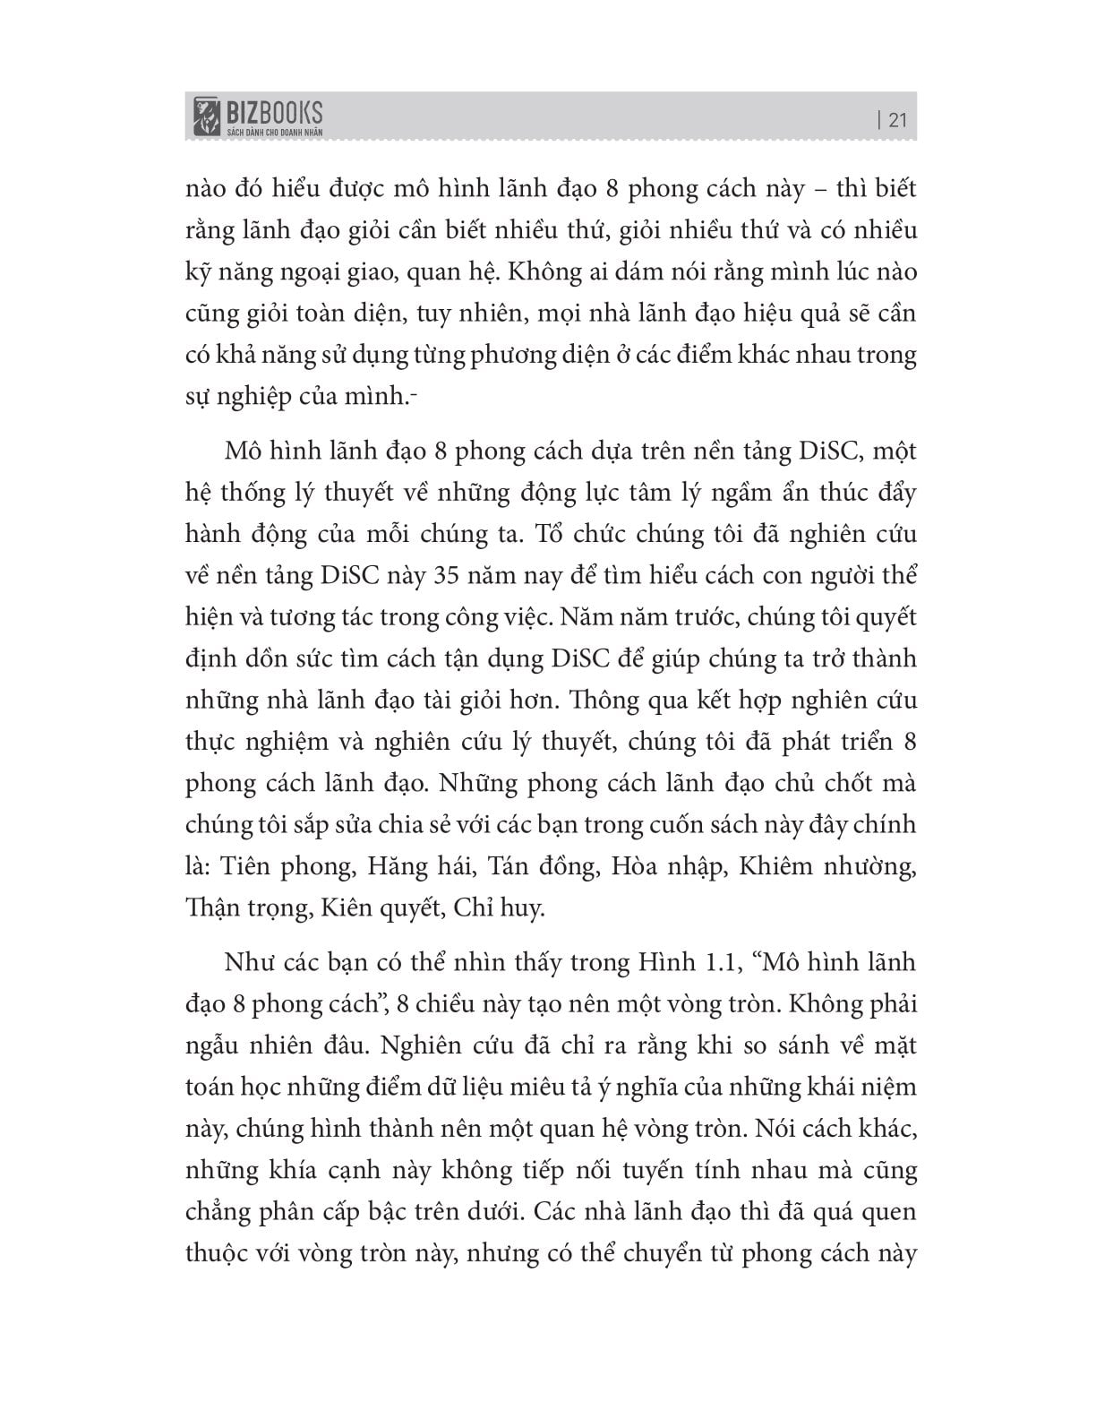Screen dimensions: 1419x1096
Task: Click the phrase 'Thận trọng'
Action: click(244, 908)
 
